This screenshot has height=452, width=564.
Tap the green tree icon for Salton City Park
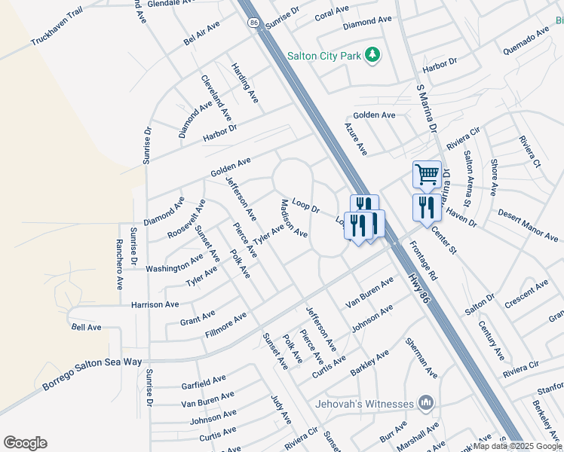pyautogui.click(x=372, y=54)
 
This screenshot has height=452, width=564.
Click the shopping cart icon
pyautogui.click(x=427, y=175)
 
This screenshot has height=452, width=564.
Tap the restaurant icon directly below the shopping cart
pyautogui.click(x=427, y=207)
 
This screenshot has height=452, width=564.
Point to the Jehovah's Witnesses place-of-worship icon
pyautogui.click(x=427, y=404)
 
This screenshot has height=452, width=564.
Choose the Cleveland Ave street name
pyautogui.click(x=216, y=98)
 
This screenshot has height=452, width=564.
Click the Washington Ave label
pyautogui.click(x=174, y=263)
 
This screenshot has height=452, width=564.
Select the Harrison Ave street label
pyautogui.click(x=155, y=304)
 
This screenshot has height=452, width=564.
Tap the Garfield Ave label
pyautogui.click(x=204, y=382)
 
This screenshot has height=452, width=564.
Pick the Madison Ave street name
pyautogui.click(x=293, y=218)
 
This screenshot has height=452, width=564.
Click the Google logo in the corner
pyautogui.click(x=25, y=443)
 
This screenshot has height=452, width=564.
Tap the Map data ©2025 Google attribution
pyautogui.click(x=517, y=446)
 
